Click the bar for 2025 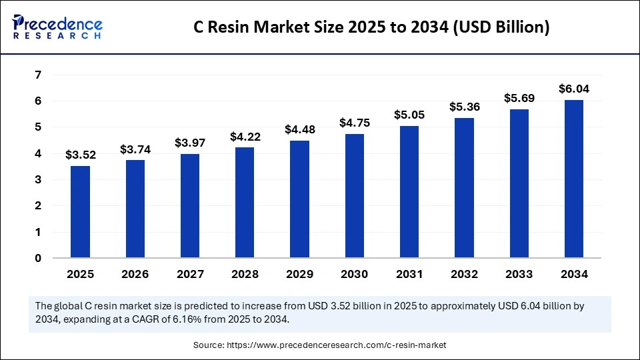coord(81,212)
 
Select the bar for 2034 coord(574,179)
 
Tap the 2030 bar coord(355,196)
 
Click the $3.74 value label coord(135,150)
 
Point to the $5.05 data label coord(409,115)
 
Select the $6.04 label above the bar coord(574,89)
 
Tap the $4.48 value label coord(300,129)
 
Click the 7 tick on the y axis coord(38,75)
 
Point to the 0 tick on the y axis coord(38,258)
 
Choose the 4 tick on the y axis coord(38,153)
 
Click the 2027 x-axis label coord(190,274)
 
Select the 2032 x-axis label coord(464,274)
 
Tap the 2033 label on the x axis coord(519,274)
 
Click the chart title coord(371,28)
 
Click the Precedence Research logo coord(57,27)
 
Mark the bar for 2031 coord(409,192)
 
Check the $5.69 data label coord(519,98)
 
